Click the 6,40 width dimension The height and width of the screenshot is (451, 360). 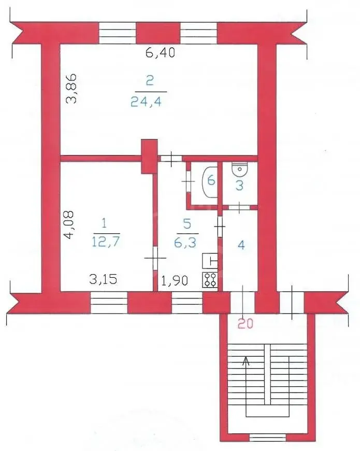(x=160, y=53)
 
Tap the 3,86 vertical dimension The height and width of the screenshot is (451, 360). (x=71, y=89)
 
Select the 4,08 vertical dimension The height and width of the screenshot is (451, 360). (x=69, y=225)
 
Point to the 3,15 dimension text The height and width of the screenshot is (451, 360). (x=103, y=279)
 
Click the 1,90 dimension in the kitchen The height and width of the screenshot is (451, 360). (x=175, y=280)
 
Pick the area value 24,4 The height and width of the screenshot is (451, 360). (x=146, y=102)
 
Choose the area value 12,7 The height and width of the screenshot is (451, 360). (x=106, y=242)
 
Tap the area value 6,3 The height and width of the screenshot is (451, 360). (x=185, y=243)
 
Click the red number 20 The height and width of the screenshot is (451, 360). (x=246, y=324)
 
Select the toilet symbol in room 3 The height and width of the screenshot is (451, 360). (x=240, y=170)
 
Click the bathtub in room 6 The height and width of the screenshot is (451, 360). (x=210, y=182)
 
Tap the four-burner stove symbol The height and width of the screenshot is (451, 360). (x=210, y=280)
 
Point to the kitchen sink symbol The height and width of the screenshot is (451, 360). (x=210, y=261)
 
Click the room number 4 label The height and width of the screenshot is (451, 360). (x=241, y=245)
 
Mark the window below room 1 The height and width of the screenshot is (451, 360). (x=109, y=302)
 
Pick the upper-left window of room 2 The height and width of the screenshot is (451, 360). (x=118, y=33)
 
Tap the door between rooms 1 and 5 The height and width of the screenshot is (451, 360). (x=155, y=258)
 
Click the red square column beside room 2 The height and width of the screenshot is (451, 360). (x=149, y=157)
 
